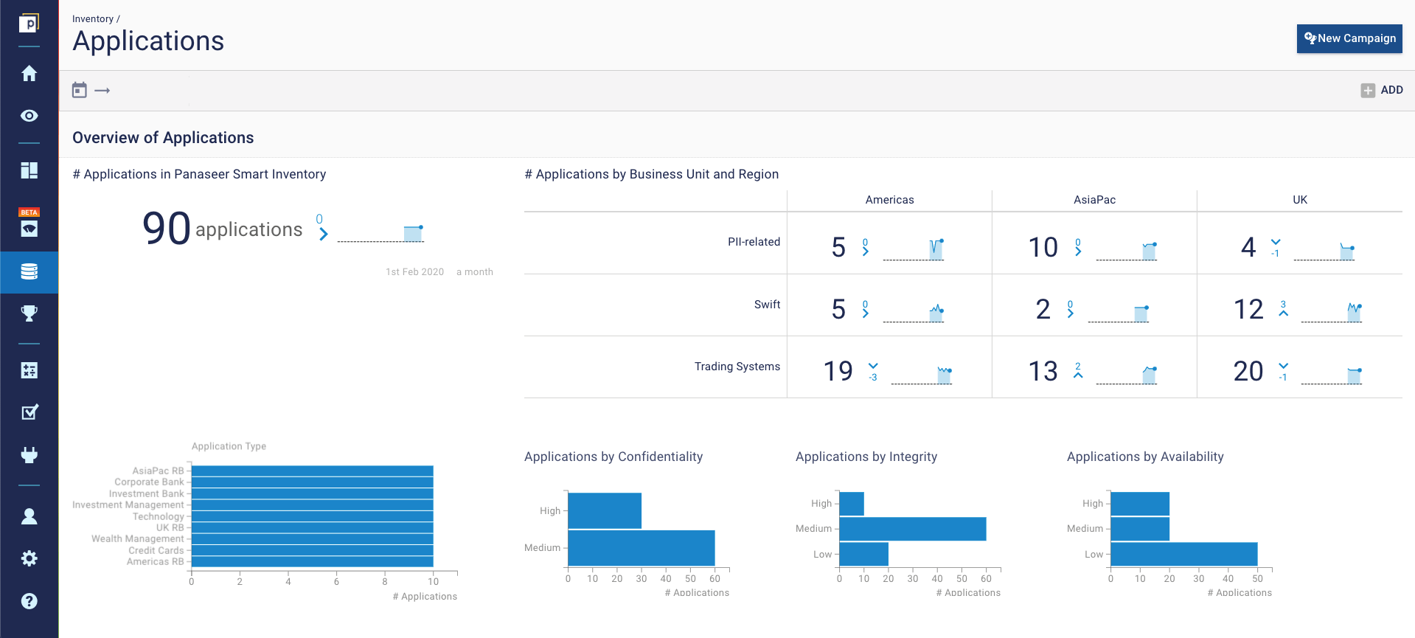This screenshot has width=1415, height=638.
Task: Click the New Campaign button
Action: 1349,38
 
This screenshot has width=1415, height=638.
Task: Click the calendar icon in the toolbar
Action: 80,90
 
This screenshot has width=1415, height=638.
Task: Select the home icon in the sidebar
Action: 29,74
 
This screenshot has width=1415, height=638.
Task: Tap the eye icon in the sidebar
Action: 29,116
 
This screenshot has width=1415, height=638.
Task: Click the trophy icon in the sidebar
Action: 29,313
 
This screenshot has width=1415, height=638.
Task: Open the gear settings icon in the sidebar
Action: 29,558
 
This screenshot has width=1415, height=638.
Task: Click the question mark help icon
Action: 29,601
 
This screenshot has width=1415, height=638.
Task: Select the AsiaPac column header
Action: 1094,200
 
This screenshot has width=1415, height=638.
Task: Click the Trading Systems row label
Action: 737,367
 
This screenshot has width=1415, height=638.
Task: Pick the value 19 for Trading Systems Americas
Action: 838,371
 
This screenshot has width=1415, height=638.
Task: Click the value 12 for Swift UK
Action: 1248,309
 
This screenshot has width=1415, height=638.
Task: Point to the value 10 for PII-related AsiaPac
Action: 1043,247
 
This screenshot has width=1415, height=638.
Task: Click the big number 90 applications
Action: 167,229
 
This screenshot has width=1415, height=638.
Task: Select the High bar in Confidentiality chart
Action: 604,510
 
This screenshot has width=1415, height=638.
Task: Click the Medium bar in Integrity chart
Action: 912,529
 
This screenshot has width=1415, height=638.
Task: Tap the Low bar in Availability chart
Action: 1183,554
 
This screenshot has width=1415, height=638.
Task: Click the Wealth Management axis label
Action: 137,539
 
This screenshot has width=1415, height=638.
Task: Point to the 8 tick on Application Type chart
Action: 385,581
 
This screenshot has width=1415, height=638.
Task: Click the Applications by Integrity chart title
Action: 866,457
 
